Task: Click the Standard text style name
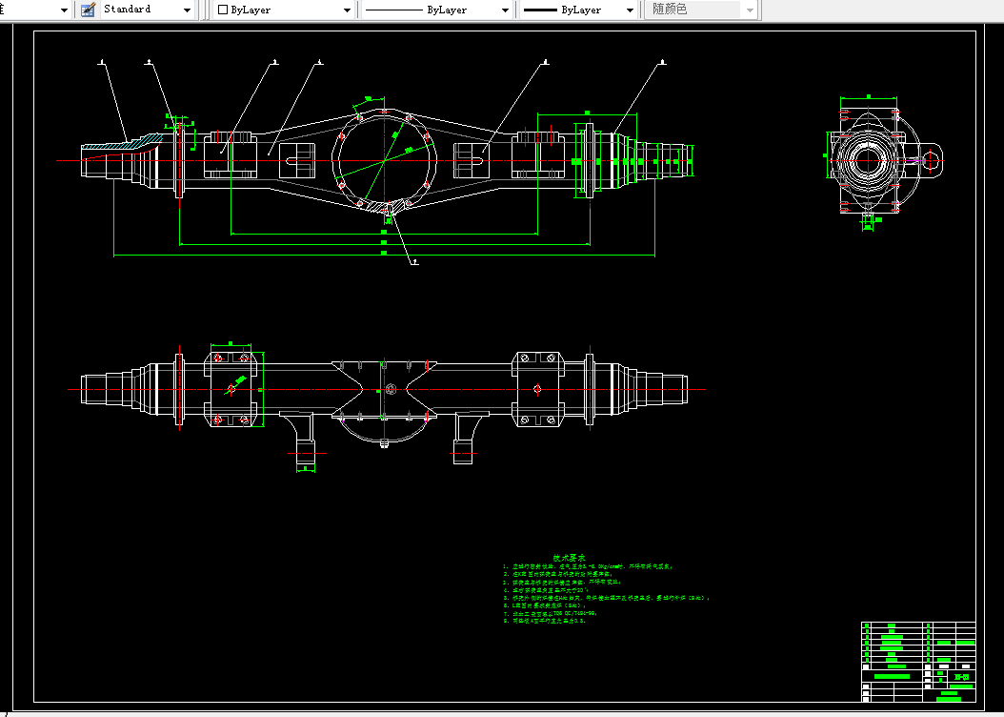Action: tap(128, 10)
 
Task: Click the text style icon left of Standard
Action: tap(88, 10)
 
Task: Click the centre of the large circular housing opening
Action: tap(384, 159)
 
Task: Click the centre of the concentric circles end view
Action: tap(866, 157)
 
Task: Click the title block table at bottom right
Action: tap(918, 661)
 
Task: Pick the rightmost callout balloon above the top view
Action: tap(662, 63)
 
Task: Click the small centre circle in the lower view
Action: tap(390, 389)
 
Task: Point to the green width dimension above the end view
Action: tap(868, 96)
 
